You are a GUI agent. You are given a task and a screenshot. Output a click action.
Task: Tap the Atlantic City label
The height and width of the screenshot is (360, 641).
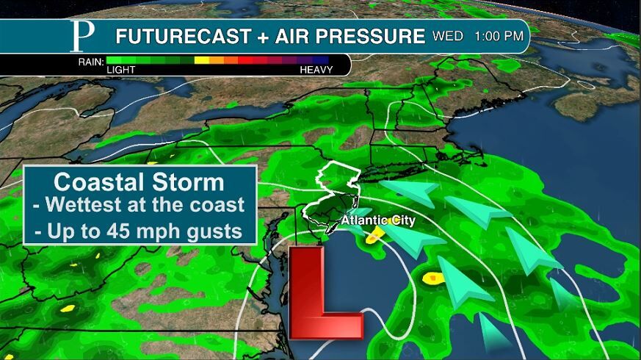coord(378,220)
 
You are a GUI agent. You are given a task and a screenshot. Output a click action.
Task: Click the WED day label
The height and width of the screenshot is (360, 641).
coord(448,35)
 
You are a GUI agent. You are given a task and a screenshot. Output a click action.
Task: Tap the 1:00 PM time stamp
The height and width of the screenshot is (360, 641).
coord(499,35)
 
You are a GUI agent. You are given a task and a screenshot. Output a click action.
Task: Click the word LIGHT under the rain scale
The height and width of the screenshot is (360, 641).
coord(122,70)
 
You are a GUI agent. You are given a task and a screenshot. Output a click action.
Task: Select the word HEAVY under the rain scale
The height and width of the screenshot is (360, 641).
coord(316,70)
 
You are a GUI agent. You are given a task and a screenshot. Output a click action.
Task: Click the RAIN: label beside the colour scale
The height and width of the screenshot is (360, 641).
coord(91,61)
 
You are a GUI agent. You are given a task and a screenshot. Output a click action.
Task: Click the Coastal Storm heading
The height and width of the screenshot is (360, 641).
coord(140,181)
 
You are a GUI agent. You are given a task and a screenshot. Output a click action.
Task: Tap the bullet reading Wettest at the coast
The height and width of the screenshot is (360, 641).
coord(140,206)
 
